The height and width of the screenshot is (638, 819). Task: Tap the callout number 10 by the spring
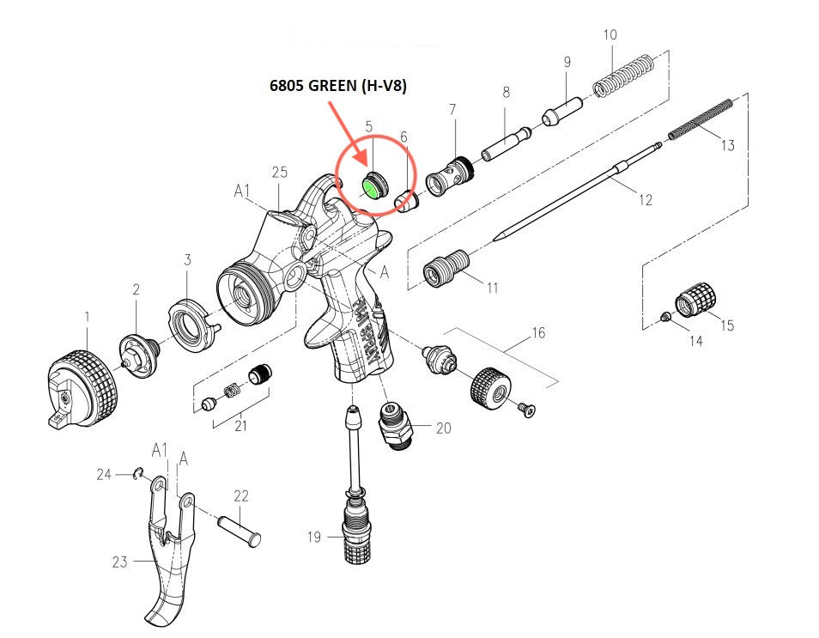point(610,35)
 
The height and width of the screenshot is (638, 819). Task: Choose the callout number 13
point(727,145)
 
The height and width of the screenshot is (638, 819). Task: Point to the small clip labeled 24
point(137,473)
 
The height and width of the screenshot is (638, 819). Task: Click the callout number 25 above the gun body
point(279,173)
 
